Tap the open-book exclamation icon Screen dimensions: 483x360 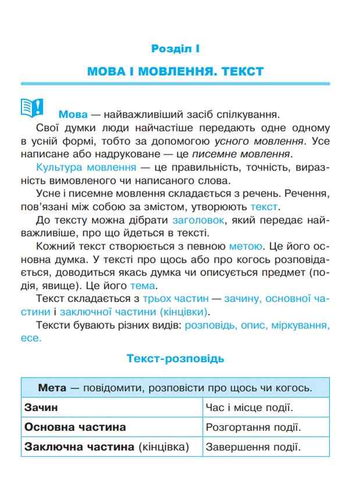click(32, 107)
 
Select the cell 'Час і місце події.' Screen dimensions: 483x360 click(249, 408)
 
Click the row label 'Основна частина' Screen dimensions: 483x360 click(75, 427)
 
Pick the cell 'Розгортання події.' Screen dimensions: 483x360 click(253, 428)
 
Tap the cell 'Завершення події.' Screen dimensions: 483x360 click(252, 448)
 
